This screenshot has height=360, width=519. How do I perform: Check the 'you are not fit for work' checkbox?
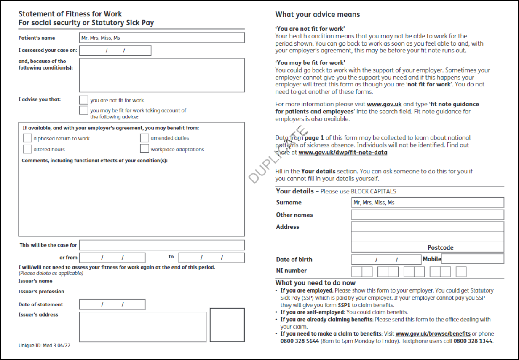tap(84, 100)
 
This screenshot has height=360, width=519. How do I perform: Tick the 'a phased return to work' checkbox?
tap(27, 138)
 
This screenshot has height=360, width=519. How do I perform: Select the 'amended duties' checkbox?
tap(144, 138)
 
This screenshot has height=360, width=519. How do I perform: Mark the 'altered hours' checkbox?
tap(27, 149)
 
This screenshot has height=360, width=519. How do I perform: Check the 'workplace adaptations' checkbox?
tap(144, 149)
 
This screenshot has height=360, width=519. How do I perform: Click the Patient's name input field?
tap(162, 38)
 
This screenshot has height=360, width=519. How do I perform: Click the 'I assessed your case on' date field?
tap(115, 51)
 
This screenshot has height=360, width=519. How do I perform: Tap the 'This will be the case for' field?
tap(162, 245)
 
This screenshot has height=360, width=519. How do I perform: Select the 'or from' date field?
tap(112, 258)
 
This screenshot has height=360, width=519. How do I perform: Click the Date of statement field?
tap(112, 304)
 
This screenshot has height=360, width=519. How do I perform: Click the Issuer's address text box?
tap(143, 327)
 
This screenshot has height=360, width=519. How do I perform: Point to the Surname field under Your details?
tap(428, 203)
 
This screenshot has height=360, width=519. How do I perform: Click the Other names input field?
tap(428, 215)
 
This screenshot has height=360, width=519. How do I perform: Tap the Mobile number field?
tap(472, 259)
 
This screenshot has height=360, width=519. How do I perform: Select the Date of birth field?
tap(386, 260)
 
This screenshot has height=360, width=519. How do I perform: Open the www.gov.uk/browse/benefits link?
tap(433, 334)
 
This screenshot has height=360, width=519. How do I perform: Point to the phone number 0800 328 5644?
tap(299, 341)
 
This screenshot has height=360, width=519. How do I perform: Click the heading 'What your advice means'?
tap(317, 15)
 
